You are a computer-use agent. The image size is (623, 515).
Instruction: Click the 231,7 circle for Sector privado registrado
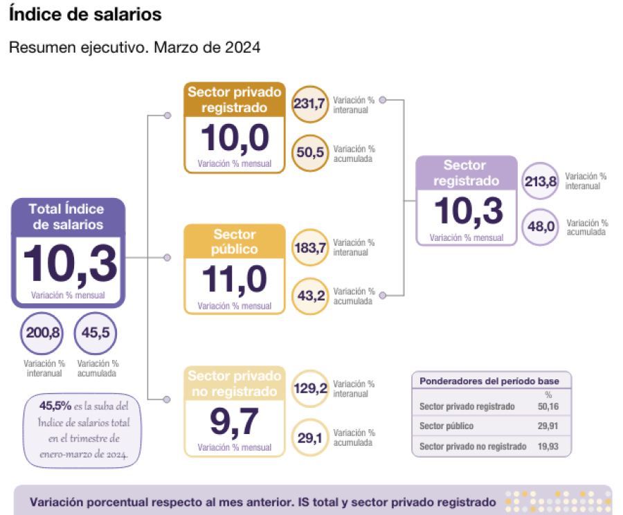click(x=310, y=104)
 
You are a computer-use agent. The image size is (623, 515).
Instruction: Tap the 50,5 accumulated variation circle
click(x=310, y=153)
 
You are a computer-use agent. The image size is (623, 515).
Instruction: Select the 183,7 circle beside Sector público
click(x=310, y=248)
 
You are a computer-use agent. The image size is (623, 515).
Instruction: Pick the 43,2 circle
click(x=310, y=296)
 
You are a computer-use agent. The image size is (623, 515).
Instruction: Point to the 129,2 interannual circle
click(x=310, y=388)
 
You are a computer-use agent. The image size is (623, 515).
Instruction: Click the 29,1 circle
click(x=310, y=437)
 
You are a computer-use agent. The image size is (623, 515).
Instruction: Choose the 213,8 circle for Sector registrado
click(x=541, y=181)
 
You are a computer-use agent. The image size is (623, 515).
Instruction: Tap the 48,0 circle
click(x=541, y=227)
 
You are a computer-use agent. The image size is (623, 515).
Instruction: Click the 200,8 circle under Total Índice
click(x=42, y=333)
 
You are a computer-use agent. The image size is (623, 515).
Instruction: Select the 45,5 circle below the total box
click(x=96, y=333)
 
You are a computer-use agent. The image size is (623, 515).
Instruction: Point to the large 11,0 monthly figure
click(x=235, y=280)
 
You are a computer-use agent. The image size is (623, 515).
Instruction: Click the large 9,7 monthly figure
click(x=235, y=422)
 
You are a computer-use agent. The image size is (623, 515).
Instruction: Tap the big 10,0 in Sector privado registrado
click(x=235, y=138)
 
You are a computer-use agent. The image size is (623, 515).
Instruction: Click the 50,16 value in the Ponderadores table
click(x=548, y=406)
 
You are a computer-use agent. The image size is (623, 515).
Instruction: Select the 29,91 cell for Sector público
click(x=548, y=426)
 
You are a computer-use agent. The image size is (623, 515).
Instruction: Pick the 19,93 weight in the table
click(x=548, y=446)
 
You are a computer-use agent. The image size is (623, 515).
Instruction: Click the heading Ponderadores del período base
click(x=489, y=381)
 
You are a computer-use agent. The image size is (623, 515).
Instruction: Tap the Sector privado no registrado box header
click(x=235, y=383)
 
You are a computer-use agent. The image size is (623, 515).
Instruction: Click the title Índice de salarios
click(x=85, y=15)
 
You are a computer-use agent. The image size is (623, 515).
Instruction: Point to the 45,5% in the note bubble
click(x=55, y=406)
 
